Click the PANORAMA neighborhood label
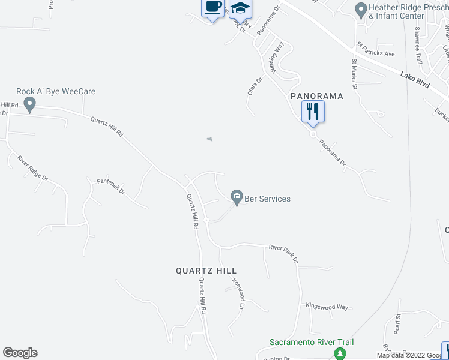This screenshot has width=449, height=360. [316, 96]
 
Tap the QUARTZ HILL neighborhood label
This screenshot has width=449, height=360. [206, 271]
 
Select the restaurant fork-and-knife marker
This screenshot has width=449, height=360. [313, 112]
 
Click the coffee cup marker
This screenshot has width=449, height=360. [212, 8]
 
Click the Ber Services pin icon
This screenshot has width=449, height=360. [237, 196]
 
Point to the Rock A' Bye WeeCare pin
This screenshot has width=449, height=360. [29, 106]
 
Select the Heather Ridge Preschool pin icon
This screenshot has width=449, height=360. [361, 9]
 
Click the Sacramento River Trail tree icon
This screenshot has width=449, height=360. [339, 354]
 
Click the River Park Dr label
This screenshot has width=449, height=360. [283, 247]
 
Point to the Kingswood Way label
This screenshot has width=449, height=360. [327, 307]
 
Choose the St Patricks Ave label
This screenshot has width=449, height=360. [376, 49]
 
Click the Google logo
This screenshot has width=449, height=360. [20, 353]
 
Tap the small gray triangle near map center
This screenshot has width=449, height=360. [209, 139]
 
